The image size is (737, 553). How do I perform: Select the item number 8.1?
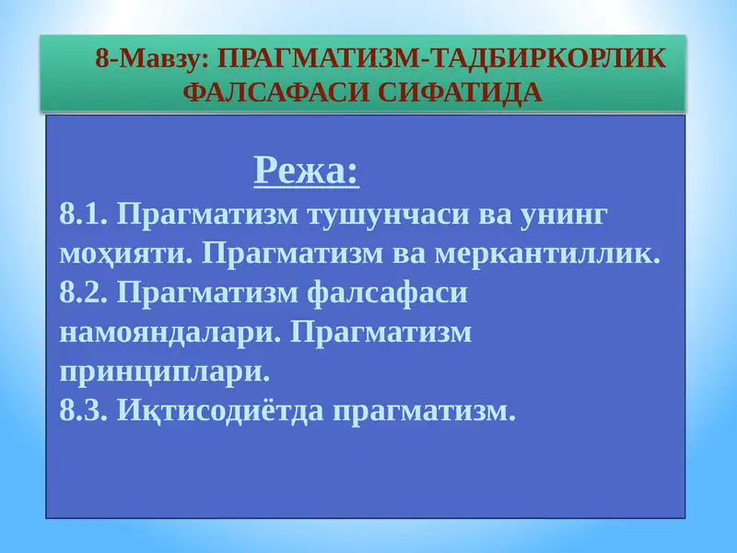pyautogui.click(x=85, y=215)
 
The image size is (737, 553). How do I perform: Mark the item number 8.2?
pyautogui.click(x=85, y=292)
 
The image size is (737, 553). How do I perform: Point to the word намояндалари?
pyautogui.click(x=168, y=332)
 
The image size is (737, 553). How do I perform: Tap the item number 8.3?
pyautogui.click(x=85, y=410)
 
